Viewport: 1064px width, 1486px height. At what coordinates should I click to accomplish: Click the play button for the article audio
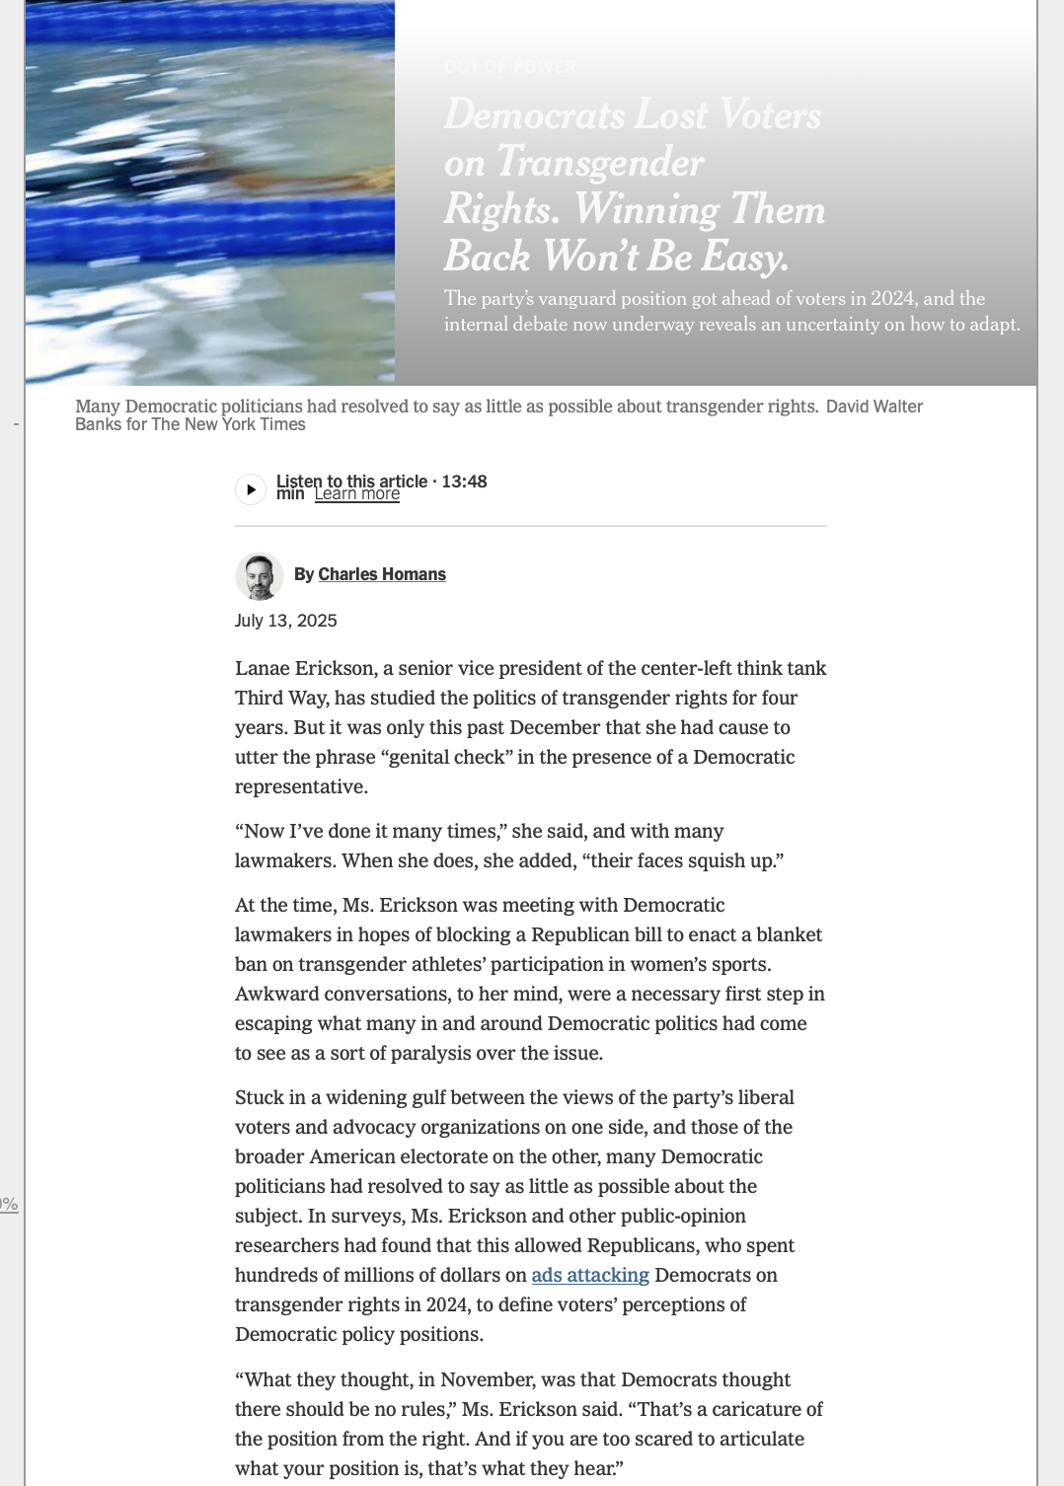point(251,489)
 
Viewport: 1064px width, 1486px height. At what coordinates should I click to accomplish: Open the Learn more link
point(356,494)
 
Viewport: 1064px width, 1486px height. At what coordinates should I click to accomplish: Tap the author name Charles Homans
point(382,574)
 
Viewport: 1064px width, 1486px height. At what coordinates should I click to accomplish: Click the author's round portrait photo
point(260,576)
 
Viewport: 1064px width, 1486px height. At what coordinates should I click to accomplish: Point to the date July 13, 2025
point(286,621)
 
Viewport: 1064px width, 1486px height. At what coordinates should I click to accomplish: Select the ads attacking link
point(590,1275)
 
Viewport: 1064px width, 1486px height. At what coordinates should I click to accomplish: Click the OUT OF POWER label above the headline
point(510,67)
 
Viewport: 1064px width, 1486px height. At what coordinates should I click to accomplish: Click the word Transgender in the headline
point(600,162)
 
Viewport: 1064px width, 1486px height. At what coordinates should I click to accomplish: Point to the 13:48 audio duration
point(464,482)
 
